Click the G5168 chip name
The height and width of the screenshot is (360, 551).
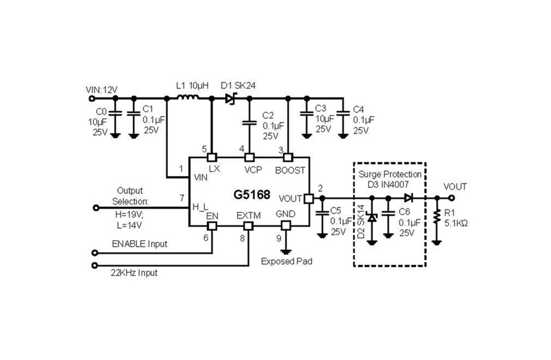click(252, 194)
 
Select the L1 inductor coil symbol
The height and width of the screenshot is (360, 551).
click(188, 98)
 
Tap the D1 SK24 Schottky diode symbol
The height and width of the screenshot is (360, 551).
click(231, 98)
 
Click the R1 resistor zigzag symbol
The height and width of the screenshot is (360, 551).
click(437, 217)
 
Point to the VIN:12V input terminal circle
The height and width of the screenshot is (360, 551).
click(92, 99)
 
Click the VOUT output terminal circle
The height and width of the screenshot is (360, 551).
click(452, 198)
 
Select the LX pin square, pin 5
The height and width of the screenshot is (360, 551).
click(212, 157)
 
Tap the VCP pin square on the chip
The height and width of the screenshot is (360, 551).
click(249, 157)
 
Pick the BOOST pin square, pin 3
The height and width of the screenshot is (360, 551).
click(288, 157)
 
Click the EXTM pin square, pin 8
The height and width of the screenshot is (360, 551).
click(248, 226)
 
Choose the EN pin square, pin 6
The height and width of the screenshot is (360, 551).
click(212, 226)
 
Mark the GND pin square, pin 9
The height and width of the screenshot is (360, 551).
click(286, 226)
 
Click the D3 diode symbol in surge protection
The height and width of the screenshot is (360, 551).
click(408, 198)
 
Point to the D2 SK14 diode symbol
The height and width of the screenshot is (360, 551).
click(372, 218)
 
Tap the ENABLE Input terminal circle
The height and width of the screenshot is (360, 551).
click(94, 253)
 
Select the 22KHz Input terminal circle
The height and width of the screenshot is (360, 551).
click(94, 265)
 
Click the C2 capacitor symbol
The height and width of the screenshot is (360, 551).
click(249, 123)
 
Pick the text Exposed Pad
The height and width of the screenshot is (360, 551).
click(286, 261)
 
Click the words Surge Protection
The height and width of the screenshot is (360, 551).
click(390, 174)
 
